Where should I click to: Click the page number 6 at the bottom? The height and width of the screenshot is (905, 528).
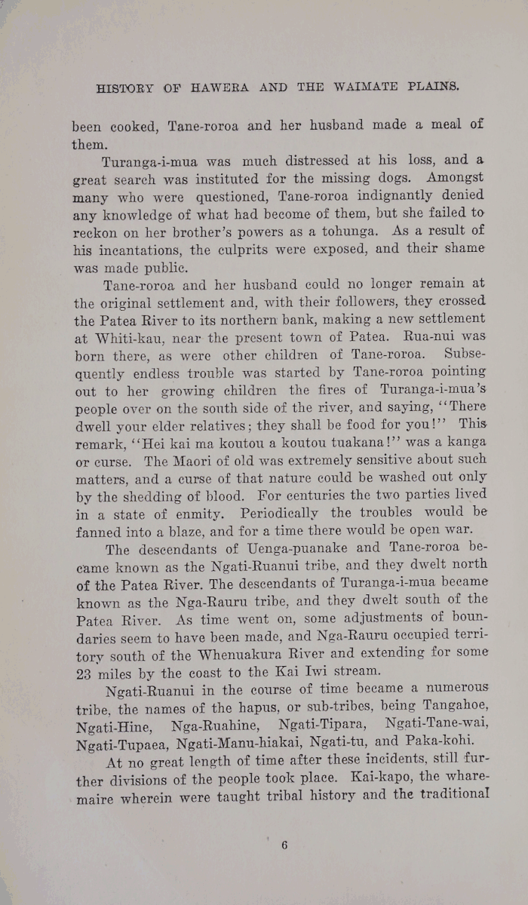coord(284,845)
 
